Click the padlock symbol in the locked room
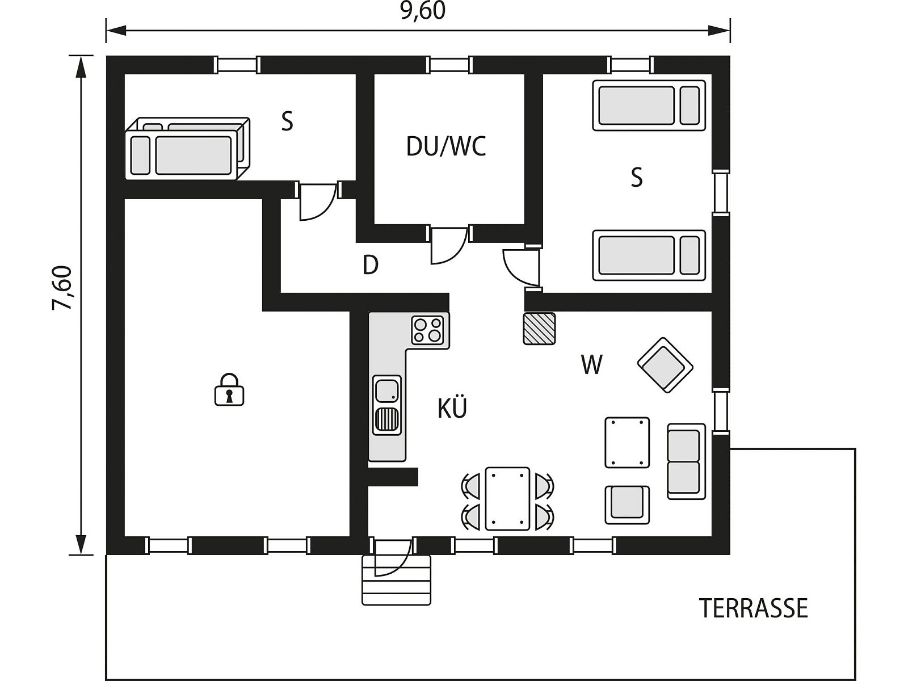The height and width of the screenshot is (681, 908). coord(229,389)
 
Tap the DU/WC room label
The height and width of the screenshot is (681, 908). coord(446,146)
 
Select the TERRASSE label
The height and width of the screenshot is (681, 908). coord(753,608)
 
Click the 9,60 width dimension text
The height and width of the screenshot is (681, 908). coord(423,11)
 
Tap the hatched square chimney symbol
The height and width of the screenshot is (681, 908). coord(539,329)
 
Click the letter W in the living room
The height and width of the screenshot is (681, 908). coord(591,364)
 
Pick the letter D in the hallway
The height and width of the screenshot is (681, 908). coord(370,265)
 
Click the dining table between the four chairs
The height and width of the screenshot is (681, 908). coord(507,499)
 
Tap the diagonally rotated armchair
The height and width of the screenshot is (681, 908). coord(665,365)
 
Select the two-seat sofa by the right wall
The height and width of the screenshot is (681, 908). coord(686,461)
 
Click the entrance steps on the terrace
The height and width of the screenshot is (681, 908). coord(396,580)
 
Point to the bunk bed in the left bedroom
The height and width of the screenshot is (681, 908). coord(187,149)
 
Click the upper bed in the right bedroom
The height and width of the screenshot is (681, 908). coord(649,106)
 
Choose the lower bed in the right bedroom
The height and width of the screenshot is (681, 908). coord(649,255)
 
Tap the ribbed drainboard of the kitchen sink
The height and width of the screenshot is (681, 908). coord(387,420)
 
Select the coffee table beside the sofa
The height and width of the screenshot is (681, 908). coord(627,443)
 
